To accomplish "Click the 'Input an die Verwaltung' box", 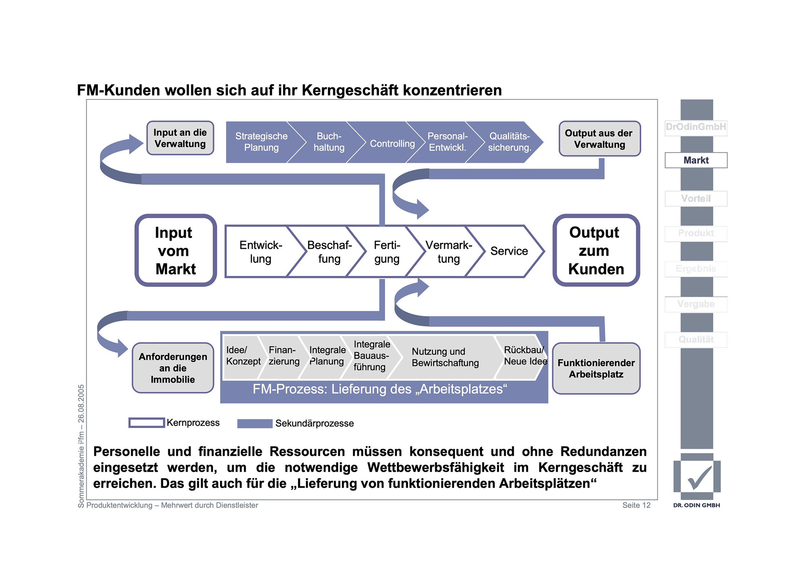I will pos(180,138).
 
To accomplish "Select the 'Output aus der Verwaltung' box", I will pos(599,139).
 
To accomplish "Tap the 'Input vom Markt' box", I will pos(176,251).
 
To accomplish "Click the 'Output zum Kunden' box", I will pos(596,251).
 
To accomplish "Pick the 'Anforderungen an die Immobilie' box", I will pos(173,368).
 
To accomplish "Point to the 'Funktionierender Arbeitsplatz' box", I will pos(596,368).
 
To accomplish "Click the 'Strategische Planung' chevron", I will pos(261,142).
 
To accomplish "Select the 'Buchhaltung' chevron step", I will pos(329,142).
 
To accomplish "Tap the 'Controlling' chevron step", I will pos(392,144).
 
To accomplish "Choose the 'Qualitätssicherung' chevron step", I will pos(509,142).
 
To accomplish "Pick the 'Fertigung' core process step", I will pos(387,251).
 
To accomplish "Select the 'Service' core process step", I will pos(509,251).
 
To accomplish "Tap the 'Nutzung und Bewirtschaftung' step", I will pos(445,357).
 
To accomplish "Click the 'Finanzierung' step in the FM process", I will pos(283,356).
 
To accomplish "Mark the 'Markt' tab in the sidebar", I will pos(696,160).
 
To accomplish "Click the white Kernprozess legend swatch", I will pos(146,423).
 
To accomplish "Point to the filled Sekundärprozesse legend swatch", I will pos(255,423).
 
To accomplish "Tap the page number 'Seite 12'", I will pos(636,505).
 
